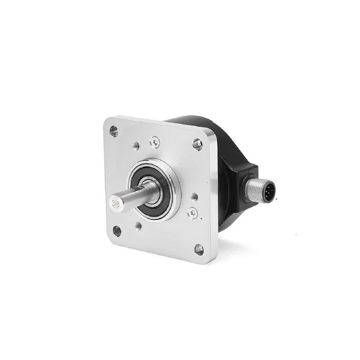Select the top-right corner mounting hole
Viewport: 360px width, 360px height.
click(x=197, y=143)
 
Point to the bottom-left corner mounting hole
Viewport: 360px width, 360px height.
click(x=117, y=230)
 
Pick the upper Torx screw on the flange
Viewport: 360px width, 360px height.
click(x=155, y=142)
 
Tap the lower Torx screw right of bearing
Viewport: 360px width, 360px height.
click(x=192, y=212)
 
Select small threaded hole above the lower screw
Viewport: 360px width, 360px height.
click(x=194, y=196)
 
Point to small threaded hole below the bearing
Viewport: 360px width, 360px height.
click(x=139, y=226)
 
